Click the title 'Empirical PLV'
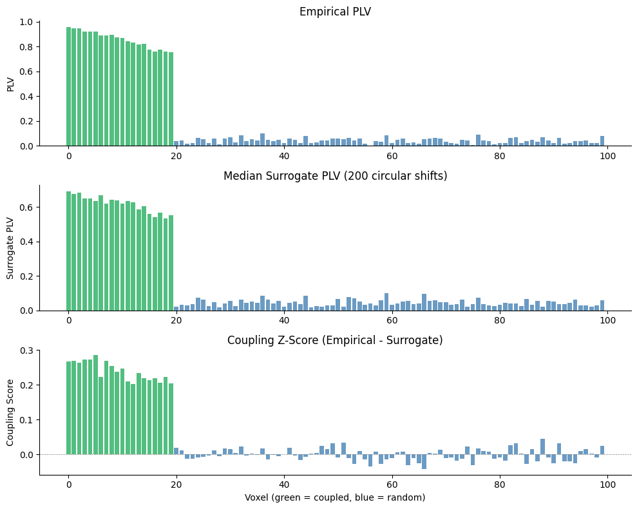pos(335,12)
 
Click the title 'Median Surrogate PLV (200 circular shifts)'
pos(335,176)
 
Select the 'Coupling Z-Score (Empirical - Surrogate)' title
pos(335,340)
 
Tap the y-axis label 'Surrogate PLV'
pos(11,247)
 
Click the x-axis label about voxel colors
pos(335,497)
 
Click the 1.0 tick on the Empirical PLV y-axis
pos(26,22)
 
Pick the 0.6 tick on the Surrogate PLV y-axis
pos(26,207)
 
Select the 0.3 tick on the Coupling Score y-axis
pos(26,351)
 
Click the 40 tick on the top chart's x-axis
pos(284,155)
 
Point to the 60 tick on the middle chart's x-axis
pos(392,320)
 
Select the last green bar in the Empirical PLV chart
pos(171,99)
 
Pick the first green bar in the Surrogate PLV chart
pos(69,251)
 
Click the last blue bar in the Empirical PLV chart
pos(602,141)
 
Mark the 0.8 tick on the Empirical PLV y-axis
pos(26,47)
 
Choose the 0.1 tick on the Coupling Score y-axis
pos(26,419)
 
